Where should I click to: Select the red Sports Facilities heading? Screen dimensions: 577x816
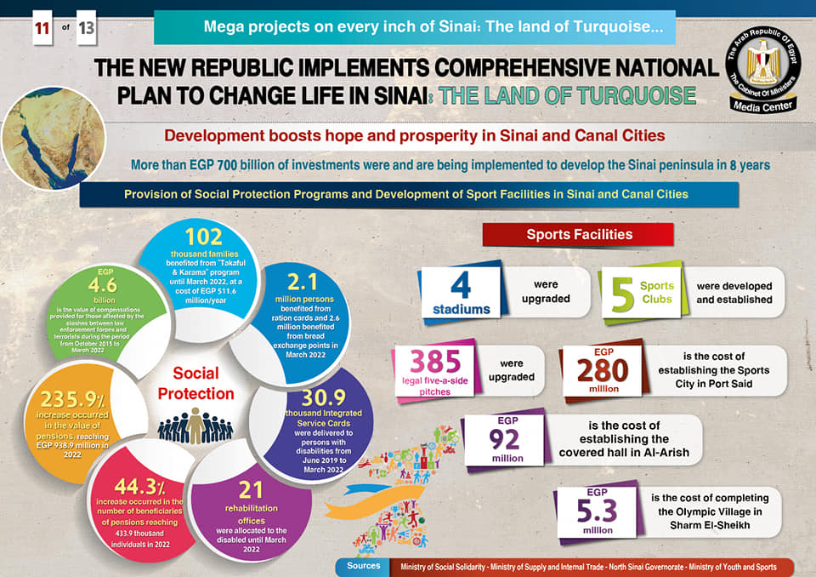click(578, 234)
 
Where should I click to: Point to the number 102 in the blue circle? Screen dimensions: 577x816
click(203, 236)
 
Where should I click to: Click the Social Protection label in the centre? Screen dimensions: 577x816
click(196, 384)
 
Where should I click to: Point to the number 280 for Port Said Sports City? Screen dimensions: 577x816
click(603, 370)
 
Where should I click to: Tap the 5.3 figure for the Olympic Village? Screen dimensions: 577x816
click(598, 510)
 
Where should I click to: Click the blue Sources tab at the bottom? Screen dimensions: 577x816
click(365, 566)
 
